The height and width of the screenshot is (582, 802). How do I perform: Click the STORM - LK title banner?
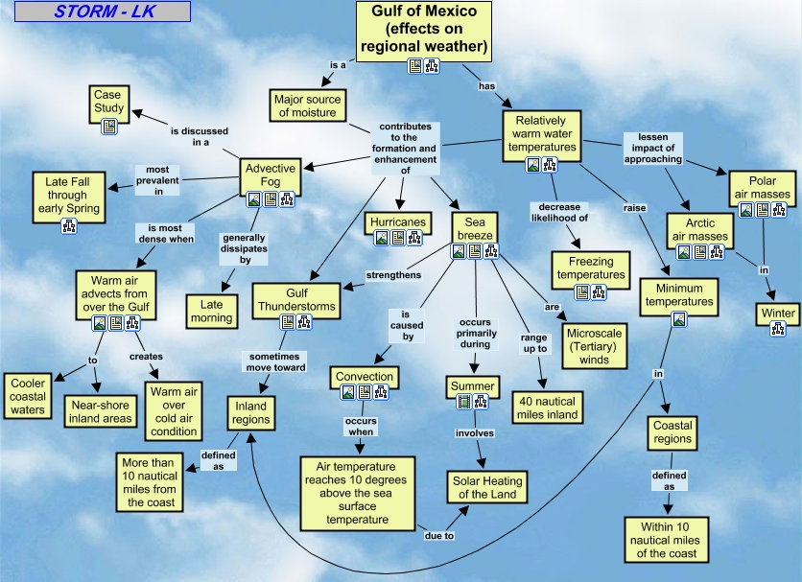click(103, 12)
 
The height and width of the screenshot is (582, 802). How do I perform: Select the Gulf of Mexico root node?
click(423, 32)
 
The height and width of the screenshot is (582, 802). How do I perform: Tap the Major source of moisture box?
click(307, 105)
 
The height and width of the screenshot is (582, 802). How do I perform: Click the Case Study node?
click(108, 105)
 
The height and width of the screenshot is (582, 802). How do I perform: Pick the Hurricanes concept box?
click(398, 223)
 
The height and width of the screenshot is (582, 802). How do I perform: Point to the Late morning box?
click(211, 311)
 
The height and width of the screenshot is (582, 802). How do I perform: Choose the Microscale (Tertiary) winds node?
click(595, 346)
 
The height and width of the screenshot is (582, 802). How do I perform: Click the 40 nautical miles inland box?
click(547, 407)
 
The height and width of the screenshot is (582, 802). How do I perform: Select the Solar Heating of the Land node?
click(487, 487)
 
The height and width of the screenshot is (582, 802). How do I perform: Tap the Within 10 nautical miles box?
click(666, 540)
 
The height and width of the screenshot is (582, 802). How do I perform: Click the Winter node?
click(777, 314)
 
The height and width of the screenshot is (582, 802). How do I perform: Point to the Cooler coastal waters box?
click(28, 396)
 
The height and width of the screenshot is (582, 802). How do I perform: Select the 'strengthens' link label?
click(393, 275)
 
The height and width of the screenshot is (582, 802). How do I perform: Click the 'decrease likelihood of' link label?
click(559, 212)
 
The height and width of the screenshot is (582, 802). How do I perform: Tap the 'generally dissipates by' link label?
click(244, 248)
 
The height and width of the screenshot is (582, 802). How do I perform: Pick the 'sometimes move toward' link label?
click(275, 362)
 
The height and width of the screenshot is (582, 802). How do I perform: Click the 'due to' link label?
click(439, 535)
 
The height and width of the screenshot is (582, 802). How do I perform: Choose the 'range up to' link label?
click(534, 343)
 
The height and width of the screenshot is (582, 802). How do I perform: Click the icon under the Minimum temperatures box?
click(679, 319)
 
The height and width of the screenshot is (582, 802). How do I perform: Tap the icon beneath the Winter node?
click(777, 329)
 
